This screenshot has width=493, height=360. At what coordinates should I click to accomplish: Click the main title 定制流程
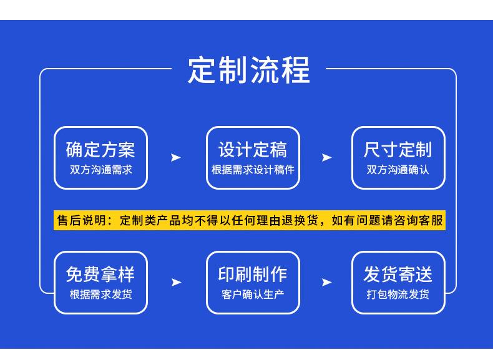249,70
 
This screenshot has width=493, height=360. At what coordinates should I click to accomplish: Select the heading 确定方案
100,149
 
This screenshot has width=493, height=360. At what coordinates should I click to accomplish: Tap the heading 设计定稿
253,149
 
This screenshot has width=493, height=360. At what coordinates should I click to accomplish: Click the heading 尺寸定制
398,149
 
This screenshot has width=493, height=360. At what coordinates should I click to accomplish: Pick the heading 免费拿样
100,274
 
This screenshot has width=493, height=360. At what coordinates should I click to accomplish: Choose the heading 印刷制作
253,274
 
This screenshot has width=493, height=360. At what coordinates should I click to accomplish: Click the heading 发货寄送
398,274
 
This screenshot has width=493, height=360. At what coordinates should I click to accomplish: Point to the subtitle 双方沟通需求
101,170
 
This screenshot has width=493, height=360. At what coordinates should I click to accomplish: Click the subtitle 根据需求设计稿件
253,170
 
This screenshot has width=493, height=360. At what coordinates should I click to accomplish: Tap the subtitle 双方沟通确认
398,170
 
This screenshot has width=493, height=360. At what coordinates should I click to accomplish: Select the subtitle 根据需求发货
101,294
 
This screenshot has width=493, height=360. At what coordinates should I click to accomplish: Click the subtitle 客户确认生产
253,294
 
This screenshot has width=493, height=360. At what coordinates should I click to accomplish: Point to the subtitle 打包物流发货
398,294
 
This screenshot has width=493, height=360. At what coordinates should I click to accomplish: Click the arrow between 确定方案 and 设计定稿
175,157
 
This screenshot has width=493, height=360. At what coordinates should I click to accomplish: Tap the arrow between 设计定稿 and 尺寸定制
326,157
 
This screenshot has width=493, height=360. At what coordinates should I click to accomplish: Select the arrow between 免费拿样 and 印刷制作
176,282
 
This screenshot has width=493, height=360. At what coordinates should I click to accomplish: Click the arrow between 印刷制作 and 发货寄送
326,282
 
